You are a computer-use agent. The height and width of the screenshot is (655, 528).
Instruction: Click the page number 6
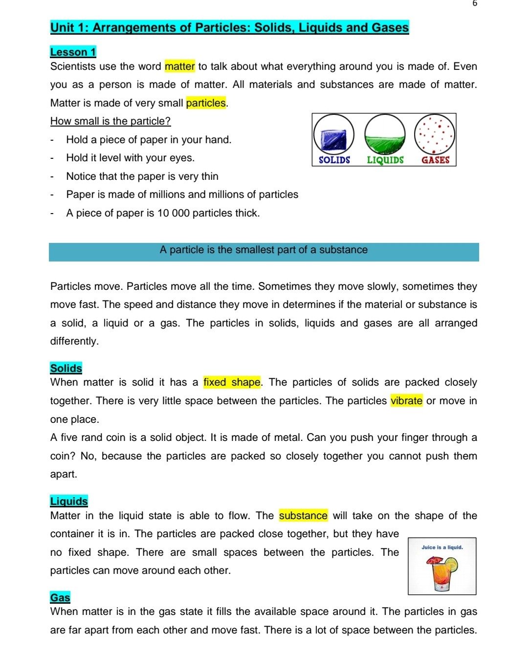click(475, 3)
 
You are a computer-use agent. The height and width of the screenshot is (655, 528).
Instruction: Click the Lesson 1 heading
click(73, 52)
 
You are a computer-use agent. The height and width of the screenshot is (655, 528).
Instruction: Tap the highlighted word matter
click(180, 66)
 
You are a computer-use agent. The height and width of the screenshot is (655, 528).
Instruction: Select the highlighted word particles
click(206, 103)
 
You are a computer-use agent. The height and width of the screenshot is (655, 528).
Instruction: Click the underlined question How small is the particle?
click(110, 121)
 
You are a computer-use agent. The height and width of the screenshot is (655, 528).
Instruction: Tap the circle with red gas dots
click(435, 134)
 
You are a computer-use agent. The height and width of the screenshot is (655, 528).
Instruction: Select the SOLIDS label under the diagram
click(334, 160)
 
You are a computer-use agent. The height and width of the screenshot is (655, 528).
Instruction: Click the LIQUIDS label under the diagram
click(385, 160)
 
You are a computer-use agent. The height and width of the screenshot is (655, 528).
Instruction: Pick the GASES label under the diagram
click(435, 160)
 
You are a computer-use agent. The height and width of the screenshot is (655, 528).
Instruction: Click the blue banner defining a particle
click(264, 252)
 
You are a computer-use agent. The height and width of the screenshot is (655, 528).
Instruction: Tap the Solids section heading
click(66, 369)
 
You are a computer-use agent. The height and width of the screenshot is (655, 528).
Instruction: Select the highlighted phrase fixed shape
click(232, 382)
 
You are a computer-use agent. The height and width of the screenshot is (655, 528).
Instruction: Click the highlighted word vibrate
click(406, 401)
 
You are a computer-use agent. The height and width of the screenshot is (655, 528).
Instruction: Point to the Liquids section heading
click(69, 502)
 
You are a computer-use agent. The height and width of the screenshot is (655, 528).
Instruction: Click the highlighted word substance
click(303, 516)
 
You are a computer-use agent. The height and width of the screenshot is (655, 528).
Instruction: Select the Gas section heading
click(60, 598)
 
